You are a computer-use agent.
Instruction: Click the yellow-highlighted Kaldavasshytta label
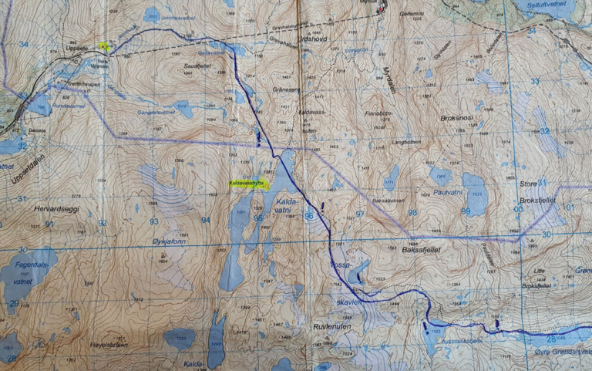pyautogui.click(x=247, y=183)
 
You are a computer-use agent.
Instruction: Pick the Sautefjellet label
pyautogui.click(x=200, y=68)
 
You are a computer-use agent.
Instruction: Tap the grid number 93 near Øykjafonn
pyautogui.click(x=154, y=221)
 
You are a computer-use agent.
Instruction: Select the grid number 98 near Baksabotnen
pyautogui.click(x=412, y=212)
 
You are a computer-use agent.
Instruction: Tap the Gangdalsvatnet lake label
pyautogui.click(x=156, y=112)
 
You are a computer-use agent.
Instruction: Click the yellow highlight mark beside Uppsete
pyautogui.click(x=104, y=46)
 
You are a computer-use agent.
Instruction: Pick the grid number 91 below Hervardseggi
pyautogui.click(x=49, y=224)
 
